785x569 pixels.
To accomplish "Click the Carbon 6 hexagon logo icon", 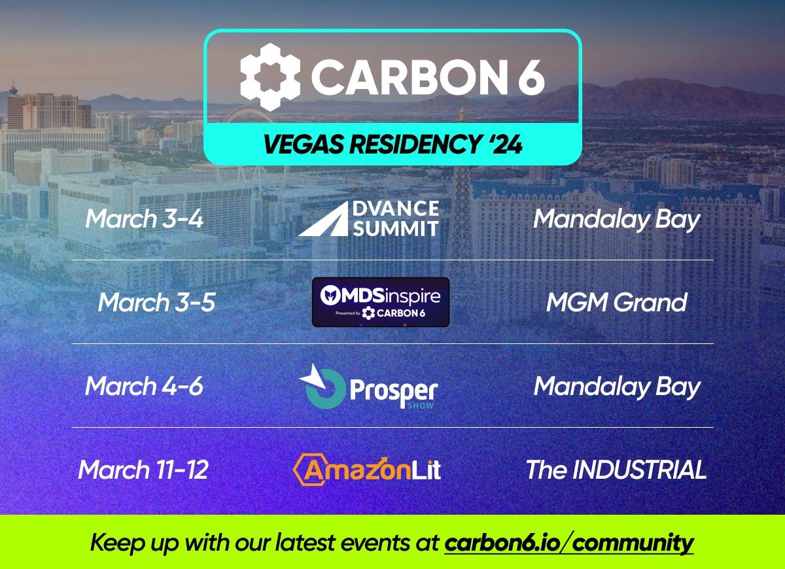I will pyautogui.click(x=270, y=77).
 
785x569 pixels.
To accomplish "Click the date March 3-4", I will pyautogui.click(x=144, y=218).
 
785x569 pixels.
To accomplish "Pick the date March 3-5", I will pyautogui.click(x=156, y=302).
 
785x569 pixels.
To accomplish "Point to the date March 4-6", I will pyautogui.click(x=144, y=386).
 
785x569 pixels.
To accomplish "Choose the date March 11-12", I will pyautogui.click(x=143, y=470).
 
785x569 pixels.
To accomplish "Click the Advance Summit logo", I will pyautogui.click(x=368, y=218).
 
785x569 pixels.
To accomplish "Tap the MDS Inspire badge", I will pyautogui.click(x=381, y=302).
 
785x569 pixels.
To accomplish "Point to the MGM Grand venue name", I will pyautogui.click(x=616, y=302).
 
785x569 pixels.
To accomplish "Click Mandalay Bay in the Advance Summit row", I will pyautogui.click(x=616, y=219).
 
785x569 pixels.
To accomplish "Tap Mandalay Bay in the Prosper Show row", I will pyautogui.click(x=616, y=387).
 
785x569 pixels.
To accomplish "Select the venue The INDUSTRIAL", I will pyautogui.click(x=616, y=470).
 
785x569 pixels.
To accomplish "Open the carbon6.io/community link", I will pyautogui.click(x=568, y=543).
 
